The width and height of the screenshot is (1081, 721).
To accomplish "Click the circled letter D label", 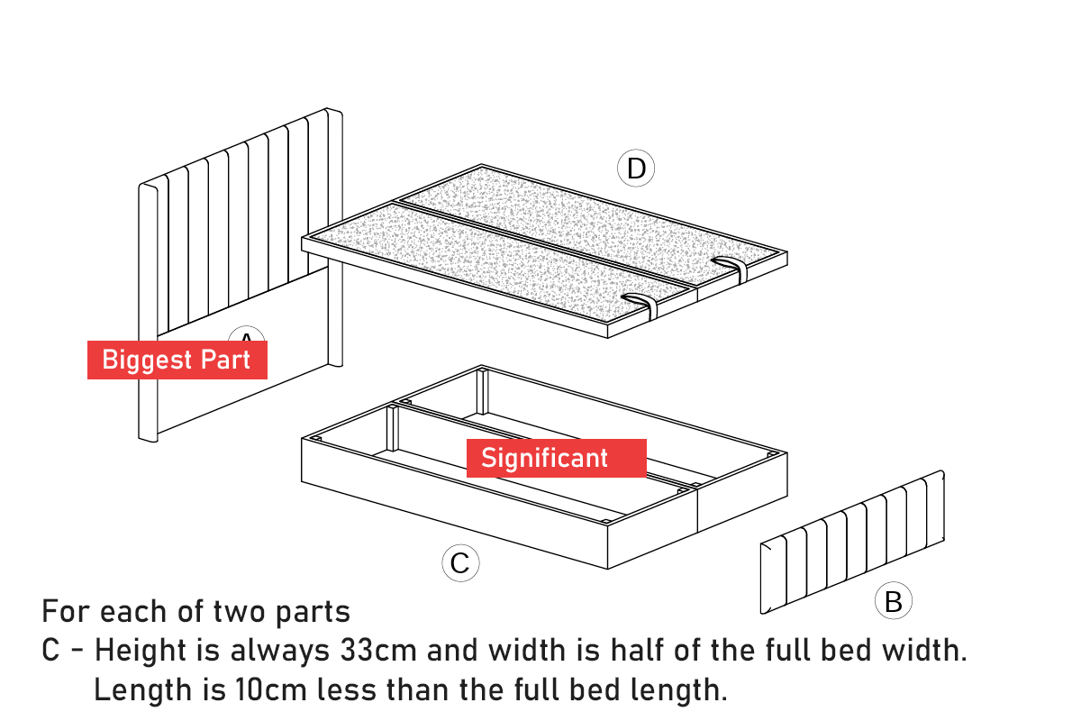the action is pyautogui.click(x=636, y=168).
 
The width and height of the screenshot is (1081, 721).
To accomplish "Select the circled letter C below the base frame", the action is pyautogui.click(x=460, y=563).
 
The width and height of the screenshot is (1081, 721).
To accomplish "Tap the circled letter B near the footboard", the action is pyautogui.click(x=894, y=600).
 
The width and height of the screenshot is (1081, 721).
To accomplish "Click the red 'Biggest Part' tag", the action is pyautogui.click(x=177, y=360).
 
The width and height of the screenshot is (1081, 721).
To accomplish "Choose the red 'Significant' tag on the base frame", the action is pyautogui.click(x=557, y=459).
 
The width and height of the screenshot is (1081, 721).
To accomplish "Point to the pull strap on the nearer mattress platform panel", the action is pyautogui.click(x=640, y=306).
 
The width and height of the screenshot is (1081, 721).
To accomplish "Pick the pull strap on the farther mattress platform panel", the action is pyautogui.click(x=730, y=269).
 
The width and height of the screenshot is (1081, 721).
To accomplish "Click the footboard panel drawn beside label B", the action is pyautogui.click(x=852, y=542).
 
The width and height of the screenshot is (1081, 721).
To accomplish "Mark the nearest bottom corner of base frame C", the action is pyautogui.click(x=607, y=569).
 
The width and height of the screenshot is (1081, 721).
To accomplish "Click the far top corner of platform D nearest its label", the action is pyautogui.click(x=481, y=164).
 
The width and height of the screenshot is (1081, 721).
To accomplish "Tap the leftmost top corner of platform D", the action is pyautogui.click(x=302, y=238).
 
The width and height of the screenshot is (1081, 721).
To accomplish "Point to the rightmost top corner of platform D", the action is pyautogui.click(x=787, y=251).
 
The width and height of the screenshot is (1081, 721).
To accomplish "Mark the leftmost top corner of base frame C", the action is pyautogui.click(x=302, y=439).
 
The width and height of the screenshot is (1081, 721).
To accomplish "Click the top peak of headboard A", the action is pyautogui.click(x=327, y=108).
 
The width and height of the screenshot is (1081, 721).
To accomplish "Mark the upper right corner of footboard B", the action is pyautogui.click(x=942, y=470).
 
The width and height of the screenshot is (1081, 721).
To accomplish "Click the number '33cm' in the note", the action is pyautogui.click(x=378, y=650).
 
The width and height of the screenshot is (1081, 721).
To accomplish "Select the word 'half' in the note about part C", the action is pyautogui.click(x=638, y=650).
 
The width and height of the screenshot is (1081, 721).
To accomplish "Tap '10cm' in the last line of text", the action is pyautogui.click(x=271, y=689).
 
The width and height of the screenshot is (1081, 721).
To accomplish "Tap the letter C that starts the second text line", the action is pyautogui.click(x=50, y=650).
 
